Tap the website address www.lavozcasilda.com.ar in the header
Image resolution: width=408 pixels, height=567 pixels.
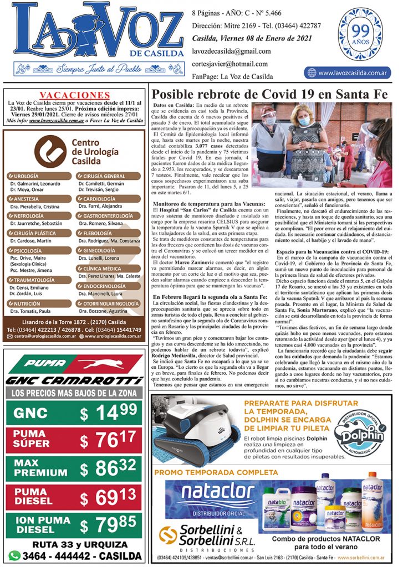(x=347, y=73)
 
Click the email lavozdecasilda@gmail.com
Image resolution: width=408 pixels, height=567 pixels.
(x=231, y=51)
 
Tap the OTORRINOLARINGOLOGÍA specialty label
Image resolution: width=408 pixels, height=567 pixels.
(x=108, y=303)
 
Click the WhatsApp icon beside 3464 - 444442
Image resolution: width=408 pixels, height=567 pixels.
(x=15, y=555)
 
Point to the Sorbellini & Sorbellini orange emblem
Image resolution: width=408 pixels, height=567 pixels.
(x=167, y=535)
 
